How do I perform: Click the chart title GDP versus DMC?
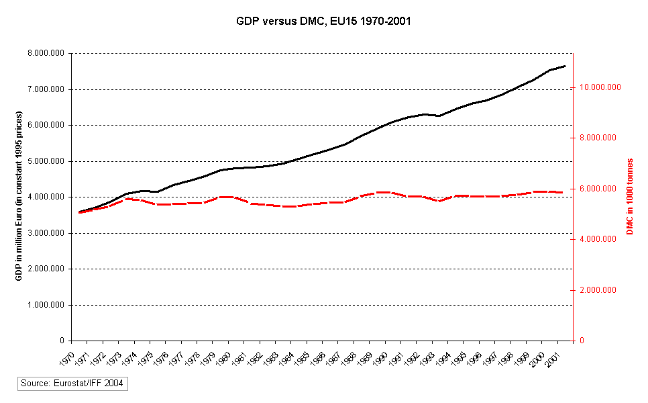click(x=323, y=21)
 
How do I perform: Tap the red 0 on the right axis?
click(x=582, y=341)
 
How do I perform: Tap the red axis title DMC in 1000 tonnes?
click(x=630, y=197)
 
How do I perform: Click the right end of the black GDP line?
click(x=565, y=66)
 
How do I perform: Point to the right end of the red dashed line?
click(x=565, y=193)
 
